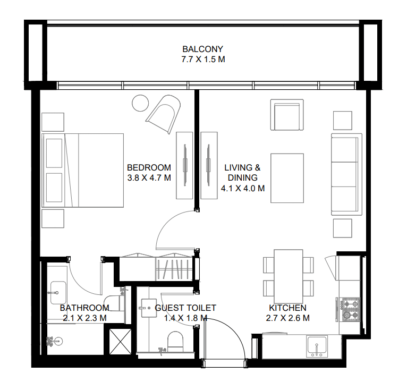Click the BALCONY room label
(x=203, y=48)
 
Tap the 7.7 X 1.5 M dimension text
(x=203, y=60)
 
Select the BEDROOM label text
(x=149, y=167)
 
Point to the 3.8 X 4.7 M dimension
(x=149, y=178)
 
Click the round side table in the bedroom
(x=141, y=102)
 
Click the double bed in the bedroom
(x=84, y=170)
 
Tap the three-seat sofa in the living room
(x=346, y=174)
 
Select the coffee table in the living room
(x=288, y=178)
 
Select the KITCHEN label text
(x=287, y=308)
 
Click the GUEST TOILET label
(x=185, y=308)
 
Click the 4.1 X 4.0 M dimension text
(x=243, y=188)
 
